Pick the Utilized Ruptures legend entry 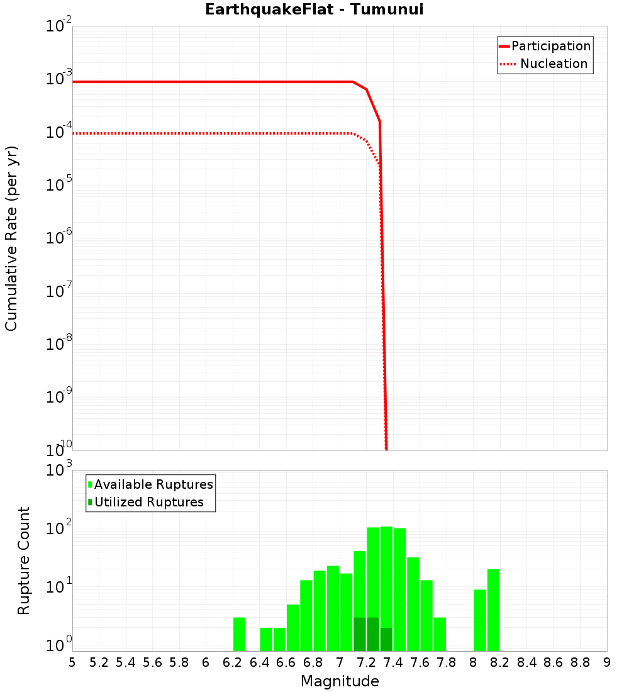(x=148, y=502)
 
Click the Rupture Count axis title (x=24, y=561)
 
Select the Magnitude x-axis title (x=340, y=681)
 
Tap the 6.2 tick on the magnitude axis (x=232, y=662)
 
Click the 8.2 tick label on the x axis (x=499, y=662)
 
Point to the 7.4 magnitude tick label (x=393, y=662)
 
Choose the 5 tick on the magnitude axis (x=72, y=662)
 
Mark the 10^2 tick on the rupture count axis (x=60, y=528)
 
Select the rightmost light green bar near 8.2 (x=493, y=610)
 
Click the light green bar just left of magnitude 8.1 (x=480, y=620)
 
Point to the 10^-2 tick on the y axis (x=60, y=26)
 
